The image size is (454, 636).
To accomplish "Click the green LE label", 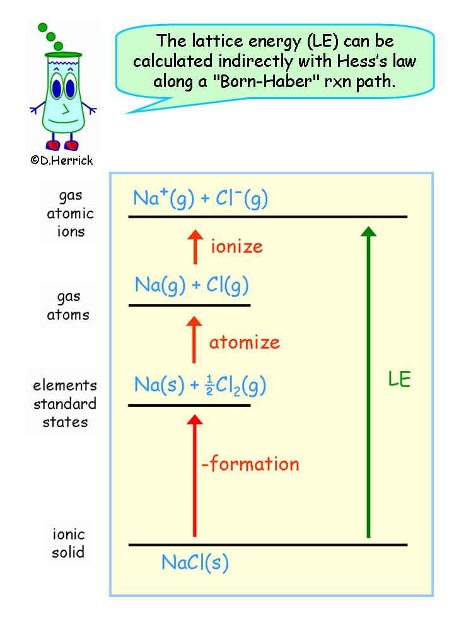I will [x=399, y=379].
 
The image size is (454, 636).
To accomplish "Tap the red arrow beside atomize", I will [x=195, y=341].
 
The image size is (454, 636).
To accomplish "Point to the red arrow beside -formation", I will [x=195, y=474].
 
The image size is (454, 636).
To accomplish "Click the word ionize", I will [x=236, y=246].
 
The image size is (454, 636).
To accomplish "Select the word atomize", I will [x=244, y=343].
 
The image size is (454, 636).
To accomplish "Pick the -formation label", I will [x=250, y=465].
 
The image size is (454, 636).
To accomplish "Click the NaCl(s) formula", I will [x=195, y=562].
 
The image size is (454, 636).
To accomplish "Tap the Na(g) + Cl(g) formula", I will [x=192, y=285].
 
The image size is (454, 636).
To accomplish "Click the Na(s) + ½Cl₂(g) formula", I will [x=200, y=385].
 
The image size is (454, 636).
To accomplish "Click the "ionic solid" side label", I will [x=68, y=544].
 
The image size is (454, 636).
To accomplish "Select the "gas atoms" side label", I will [x=69, y=305].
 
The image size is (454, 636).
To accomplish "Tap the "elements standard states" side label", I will [x=65, y=403].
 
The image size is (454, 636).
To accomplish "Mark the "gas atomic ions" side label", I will [x=70, y=213].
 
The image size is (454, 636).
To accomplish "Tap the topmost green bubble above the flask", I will [x=43, y=27].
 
